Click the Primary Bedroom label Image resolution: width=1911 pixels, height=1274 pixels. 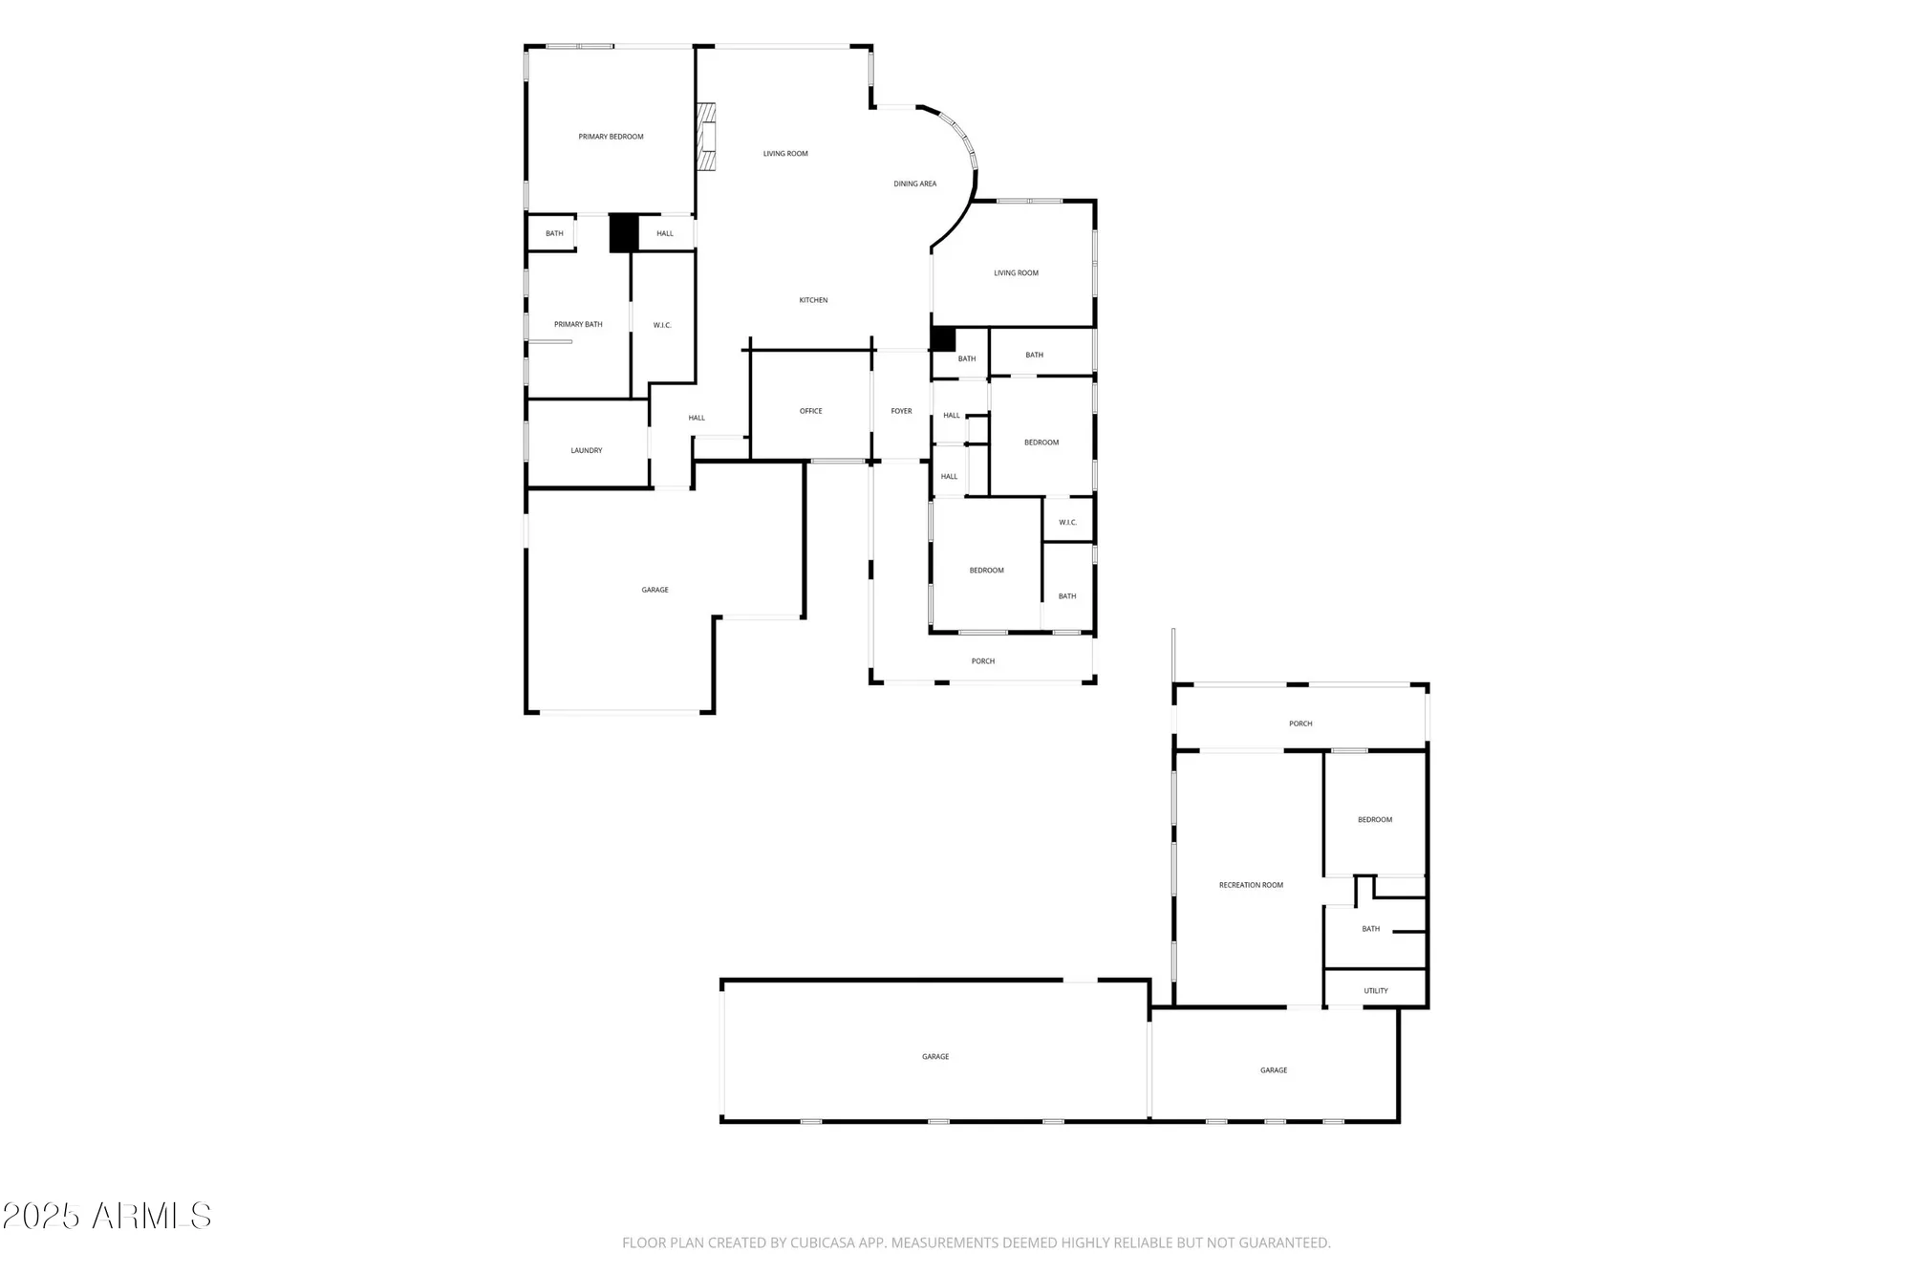(x=611, y=137)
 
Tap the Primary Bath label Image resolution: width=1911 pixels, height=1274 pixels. (x=578, y=324)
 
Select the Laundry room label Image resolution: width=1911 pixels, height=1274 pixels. (x=586, y=450)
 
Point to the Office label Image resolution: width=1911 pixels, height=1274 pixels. (x=810, y=411)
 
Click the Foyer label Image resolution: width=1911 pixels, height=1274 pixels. (x=901, y=411)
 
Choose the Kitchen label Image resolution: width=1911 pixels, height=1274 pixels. (x=813, y=300)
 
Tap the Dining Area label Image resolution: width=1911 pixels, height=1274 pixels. (x=914, y=184)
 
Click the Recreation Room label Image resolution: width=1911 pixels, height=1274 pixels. (x=1251, y=885)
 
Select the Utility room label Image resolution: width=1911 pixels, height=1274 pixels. (x=1375, y=990)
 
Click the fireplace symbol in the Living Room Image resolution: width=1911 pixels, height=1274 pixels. (x=707, y=137)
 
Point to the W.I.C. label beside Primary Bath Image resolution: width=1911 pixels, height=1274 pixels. (x=662, y=325)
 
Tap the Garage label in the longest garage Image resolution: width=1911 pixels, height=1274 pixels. (x=934, y=1056)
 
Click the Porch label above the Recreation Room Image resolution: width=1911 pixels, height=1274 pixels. (x=1300, y=723)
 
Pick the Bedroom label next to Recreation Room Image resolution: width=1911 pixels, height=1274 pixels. (x=1374, y=819)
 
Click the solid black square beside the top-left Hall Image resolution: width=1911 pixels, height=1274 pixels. (x=624, y=233)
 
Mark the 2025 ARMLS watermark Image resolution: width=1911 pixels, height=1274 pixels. (x=106, y=1216)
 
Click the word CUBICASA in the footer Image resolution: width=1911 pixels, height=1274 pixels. (x=823, y=1242)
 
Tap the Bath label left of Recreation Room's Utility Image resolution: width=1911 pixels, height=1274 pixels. (x=1370, y=929)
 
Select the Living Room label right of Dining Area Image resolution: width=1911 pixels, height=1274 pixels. (x=1016, y=273)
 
